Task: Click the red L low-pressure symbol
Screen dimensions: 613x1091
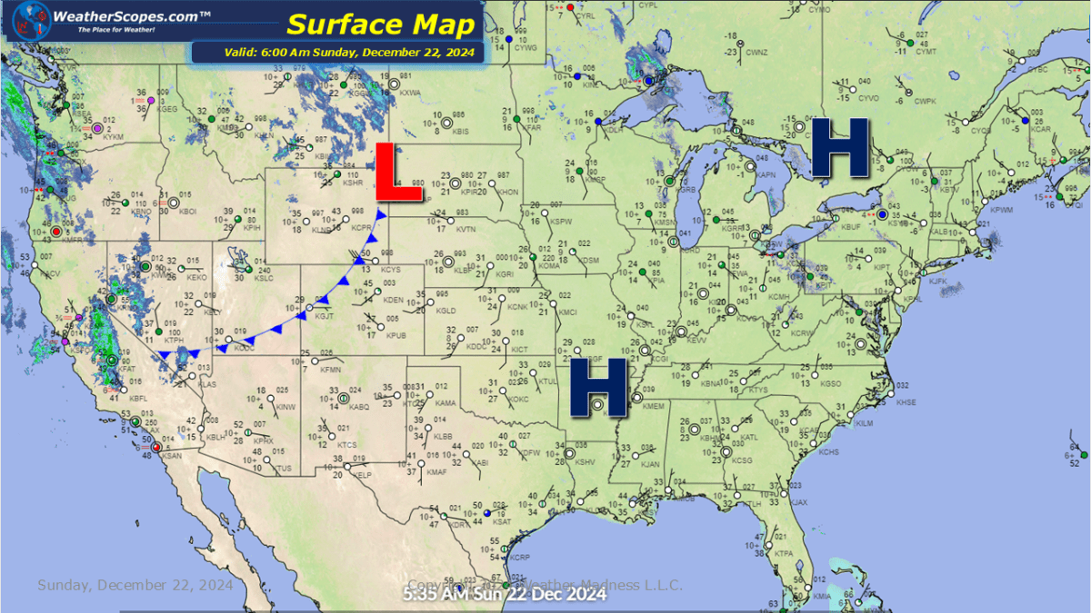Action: (x=385, y=171)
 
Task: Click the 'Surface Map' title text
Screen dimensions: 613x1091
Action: (x=379, y=25)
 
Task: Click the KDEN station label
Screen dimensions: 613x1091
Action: (x=393, y=300)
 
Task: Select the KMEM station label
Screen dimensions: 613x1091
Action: (x=654, y=406)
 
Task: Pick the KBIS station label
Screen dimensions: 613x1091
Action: (x=460, y=132)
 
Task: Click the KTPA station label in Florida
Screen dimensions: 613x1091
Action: (x=785, y=553)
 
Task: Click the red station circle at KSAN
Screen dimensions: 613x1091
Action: (x=156, y=447)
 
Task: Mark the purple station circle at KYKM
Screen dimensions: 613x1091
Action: (x=97, y=128)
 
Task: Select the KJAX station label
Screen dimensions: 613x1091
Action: (x=798, y=502)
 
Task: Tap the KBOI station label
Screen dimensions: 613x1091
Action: (x=188, y=212)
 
